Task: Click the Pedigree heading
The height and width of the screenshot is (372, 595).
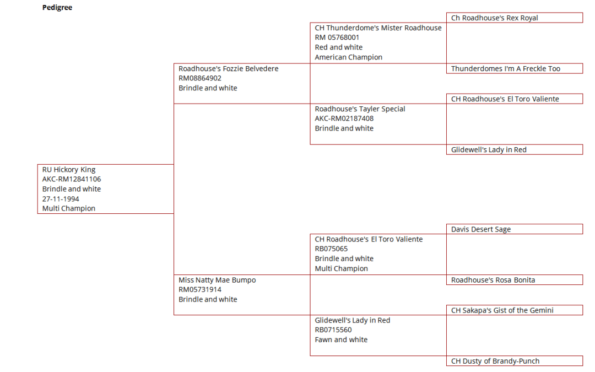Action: point(57,8)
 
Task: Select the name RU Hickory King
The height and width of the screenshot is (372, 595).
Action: point(69,170)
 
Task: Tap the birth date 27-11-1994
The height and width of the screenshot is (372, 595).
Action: point(61,199)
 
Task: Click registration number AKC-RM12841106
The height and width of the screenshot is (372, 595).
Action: point(71,179)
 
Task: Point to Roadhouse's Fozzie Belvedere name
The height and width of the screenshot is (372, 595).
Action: point(229,69)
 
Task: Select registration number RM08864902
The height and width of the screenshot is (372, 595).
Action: point(200,78)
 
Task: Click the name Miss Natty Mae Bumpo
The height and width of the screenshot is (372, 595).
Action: point(217,280)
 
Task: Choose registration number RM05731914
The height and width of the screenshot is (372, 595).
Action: point(200,290)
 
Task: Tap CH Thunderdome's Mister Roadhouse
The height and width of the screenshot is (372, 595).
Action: point(378,28)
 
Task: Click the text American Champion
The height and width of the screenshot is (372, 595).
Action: point(348,57)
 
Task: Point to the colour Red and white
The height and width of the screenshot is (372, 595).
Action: point(338,47)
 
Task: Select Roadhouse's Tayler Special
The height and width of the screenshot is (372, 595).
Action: point(360,109)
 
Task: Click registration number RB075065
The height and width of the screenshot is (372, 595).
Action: point(331,249)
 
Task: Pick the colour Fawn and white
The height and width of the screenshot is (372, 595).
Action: point(341,339)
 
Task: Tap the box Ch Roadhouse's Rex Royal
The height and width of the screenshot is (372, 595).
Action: point(515,18)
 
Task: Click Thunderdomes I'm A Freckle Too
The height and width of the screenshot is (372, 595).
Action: point(515,69)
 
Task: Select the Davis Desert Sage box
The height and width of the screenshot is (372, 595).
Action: point(515,229)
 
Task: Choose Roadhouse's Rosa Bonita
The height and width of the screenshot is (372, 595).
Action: point(515,280)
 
